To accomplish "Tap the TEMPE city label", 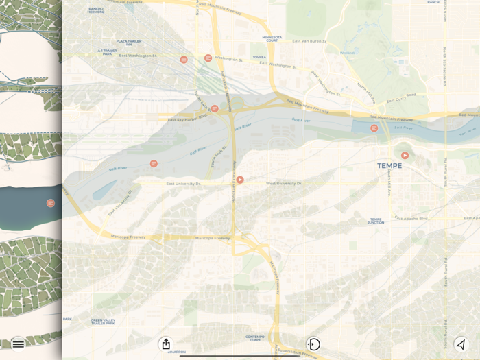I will tap(389, 166).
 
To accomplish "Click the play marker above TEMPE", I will tap(405, 156).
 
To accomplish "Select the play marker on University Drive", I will tap(240, 180).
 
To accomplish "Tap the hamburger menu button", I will tap(19, 344).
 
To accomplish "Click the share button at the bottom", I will tap(165, 344).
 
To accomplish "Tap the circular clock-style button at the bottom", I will tap(313, 344).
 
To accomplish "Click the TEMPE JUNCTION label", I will tap(376, 221).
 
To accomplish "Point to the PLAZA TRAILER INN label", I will tap(128, 43).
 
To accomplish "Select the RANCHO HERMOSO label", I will tap(96, 10).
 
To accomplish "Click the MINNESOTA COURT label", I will tap(272, 39).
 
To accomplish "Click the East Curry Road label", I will tap(401, 99).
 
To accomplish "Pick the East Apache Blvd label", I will tap(411, 218).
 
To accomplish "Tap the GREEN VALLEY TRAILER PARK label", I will tap(103, 321).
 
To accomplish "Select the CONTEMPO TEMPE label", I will tap(254, 338).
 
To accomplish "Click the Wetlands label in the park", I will tap(348, 53).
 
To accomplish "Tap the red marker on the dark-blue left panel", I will tap(50, 203).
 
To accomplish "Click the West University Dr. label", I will tap(284, 184).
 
